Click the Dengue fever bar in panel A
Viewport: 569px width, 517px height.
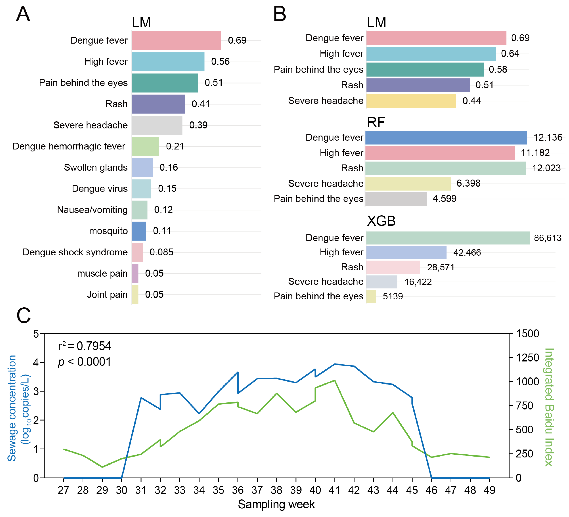pos(176,41)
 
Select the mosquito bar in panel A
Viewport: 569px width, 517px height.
pos(139,231)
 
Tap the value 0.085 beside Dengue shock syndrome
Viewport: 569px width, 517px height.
pos(161,252)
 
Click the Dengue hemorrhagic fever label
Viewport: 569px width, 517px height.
pos(69,146)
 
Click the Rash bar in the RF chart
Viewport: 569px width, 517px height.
pos(445,168)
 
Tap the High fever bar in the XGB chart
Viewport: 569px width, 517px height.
pos(406,253)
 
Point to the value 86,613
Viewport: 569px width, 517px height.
pos(548,238)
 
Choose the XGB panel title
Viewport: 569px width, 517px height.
pos(381,221)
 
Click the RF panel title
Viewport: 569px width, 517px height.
pos(376,123)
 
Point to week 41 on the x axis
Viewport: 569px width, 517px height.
pos(335,490)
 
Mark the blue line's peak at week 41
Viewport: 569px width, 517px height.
pos(335,364)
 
